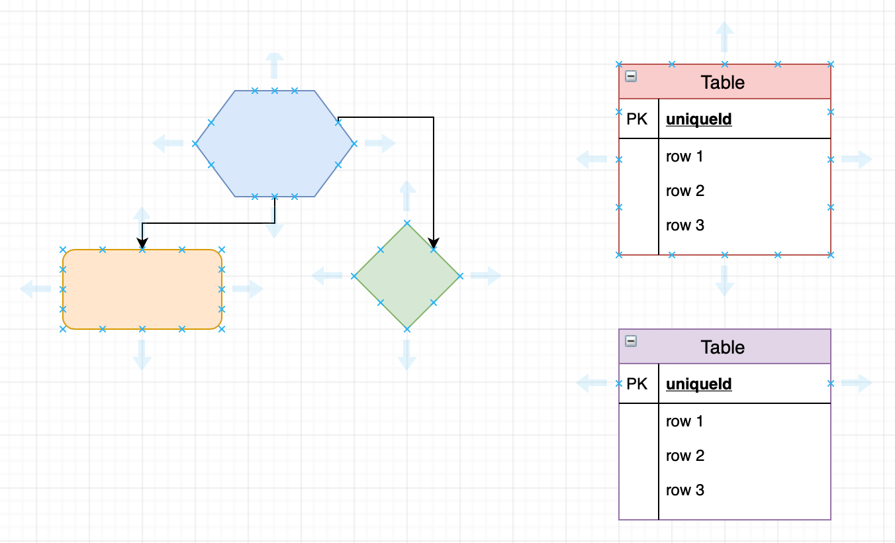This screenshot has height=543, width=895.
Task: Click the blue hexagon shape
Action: [x=274, y=144]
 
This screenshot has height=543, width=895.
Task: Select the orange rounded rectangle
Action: [x=142, y=289]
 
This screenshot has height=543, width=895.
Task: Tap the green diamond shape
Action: [x=406, y=276]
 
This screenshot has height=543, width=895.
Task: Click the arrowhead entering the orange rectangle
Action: [x=142, y=244]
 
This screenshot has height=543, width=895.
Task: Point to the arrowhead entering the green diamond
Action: [x=434, y=243]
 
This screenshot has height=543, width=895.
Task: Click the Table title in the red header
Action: [x=722, y=83]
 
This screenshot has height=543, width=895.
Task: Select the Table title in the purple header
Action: [x=722, y=348]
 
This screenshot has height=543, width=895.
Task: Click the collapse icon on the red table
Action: [x=631, y=76]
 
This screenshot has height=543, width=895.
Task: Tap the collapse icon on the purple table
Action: [x=631, y=341]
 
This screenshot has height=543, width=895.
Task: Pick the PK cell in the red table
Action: [x=637, y=119]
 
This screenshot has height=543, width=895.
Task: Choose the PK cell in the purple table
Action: [x=637, y=384]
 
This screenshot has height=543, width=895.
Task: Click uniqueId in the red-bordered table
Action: [x=698, y=119]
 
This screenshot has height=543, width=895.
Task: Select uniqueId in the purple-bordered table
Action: [x=698, y=384]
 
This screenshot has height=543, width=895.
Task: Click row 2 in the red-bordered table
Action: [x=684, y=191]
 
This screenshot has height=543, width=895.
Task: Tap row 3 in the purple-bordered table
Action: [x=684, y=491]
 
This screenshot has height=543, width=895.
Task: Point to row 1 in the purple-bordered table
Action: [x=684, y=422]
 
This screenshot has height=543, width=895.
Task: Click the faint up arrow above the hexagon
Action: [x=274, y=66]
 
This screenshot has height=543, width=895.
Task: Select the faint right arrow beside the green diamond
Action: [x=487, y=276]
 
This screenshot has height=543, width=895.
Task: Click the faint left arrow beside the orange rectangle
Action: [x=35, y=289]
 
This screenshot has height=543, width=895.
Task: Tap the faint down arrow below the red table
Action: [x=725, y=281]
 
